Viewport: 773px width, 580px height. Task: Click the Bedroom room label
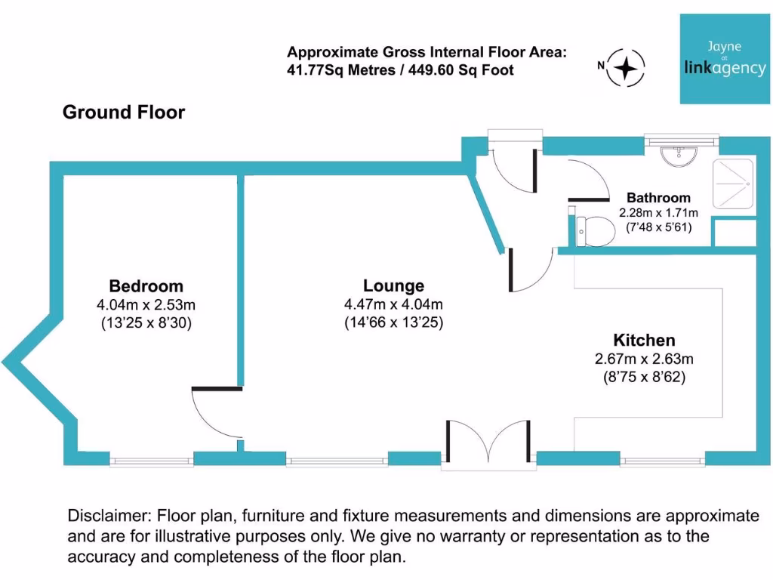point(146,286)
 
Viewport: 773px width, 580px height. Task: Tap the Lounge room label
point(393,286)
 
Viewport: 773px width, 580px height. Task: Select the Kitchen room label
point(644,340)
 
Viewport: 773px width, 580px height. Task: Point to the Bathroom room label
point(658,198)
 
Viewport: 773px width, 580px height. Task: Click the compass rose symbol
point(626,66)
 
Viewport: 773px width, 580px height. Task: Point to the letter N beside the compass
point(601,66)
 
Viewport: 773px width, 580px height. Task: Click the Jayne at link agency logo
point(724,59)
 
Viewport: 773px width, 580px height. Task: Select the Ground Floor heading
point(124,113)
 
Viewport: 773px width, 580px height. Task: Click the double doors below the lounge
point(488,446)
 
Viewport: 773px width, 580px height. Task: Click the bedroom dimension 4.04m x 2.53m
point(146,305)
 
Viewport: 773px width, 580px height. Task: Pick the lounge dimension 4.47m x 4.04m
point(393,305)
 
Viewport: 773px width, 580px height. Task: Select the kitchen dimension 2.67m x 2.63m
point(644,359)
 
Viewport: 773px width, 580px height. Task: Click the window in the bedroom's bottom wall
point(152,459)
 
